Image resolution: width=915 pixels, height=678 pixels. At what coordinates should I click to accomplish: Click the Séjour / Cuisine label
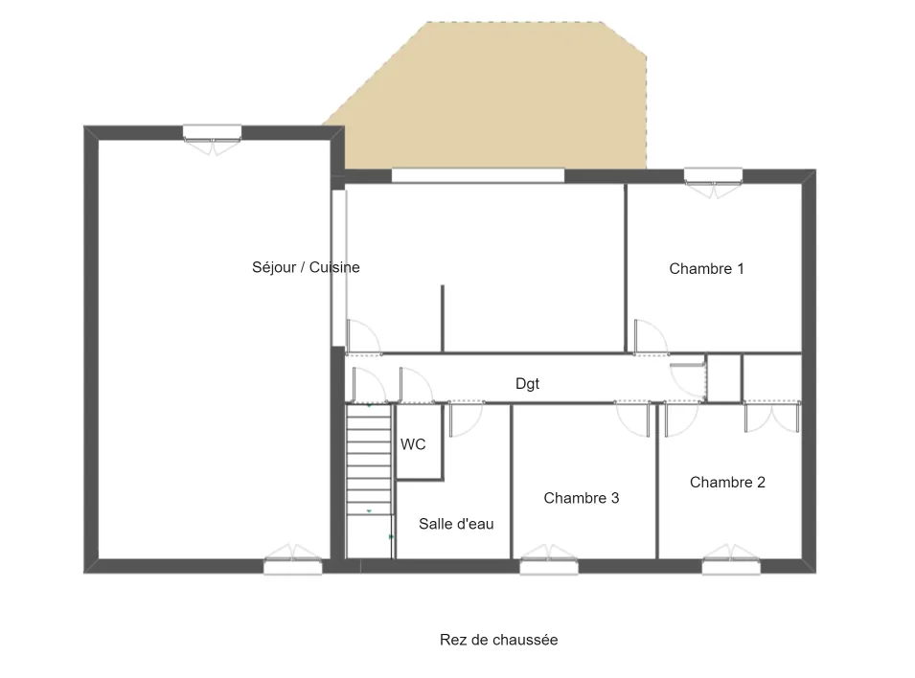[306, 267]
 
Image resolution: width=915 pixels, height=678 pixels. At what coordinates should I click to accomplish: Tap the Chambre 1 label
[706, 269]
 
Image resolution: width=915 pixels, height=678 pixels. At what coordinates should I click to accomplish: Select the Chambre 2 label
[727, 483]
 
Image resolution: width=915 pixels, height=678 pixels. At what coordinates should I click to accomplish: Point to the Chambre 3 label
[581, 498]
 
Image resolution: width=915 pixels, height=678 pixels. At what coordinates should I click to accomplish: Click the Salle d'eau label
[456, 524]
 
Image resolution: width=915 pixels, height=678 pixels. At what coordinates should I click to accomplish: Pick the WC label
[413, 444]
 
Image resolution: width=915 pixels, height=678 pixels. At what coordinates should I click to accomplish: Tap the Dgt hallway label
[527, 384]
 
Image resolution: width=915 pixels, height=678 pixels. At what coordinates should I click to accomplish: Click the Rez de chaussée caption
[498, 640]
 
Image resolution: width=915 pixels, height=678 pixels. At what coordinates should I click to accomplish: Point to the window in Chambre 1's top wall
[712, 177]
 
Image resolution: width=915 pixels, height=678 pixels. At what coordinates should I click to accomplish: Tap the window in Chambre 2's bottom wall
[730, 566]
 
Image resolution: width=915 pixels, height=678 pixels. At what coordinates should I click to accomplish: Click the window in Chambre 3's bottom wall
[549, 566]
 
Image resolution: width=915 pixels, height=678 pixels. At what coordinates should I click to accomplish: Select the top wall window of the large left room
[212, 133]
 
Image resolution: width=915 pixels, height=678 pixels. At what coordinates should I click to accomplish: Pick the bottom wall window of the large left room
[293, 566]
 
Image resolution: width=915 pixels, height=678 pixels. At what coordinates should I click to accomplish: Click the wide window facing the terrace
[477, 176]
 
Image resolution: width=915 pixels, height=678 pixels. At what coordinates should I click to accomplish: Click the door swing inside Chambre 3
[633, 418]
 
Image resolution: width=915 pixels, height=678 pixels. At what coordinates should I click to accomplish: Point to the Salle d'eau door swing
[465, 419]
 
